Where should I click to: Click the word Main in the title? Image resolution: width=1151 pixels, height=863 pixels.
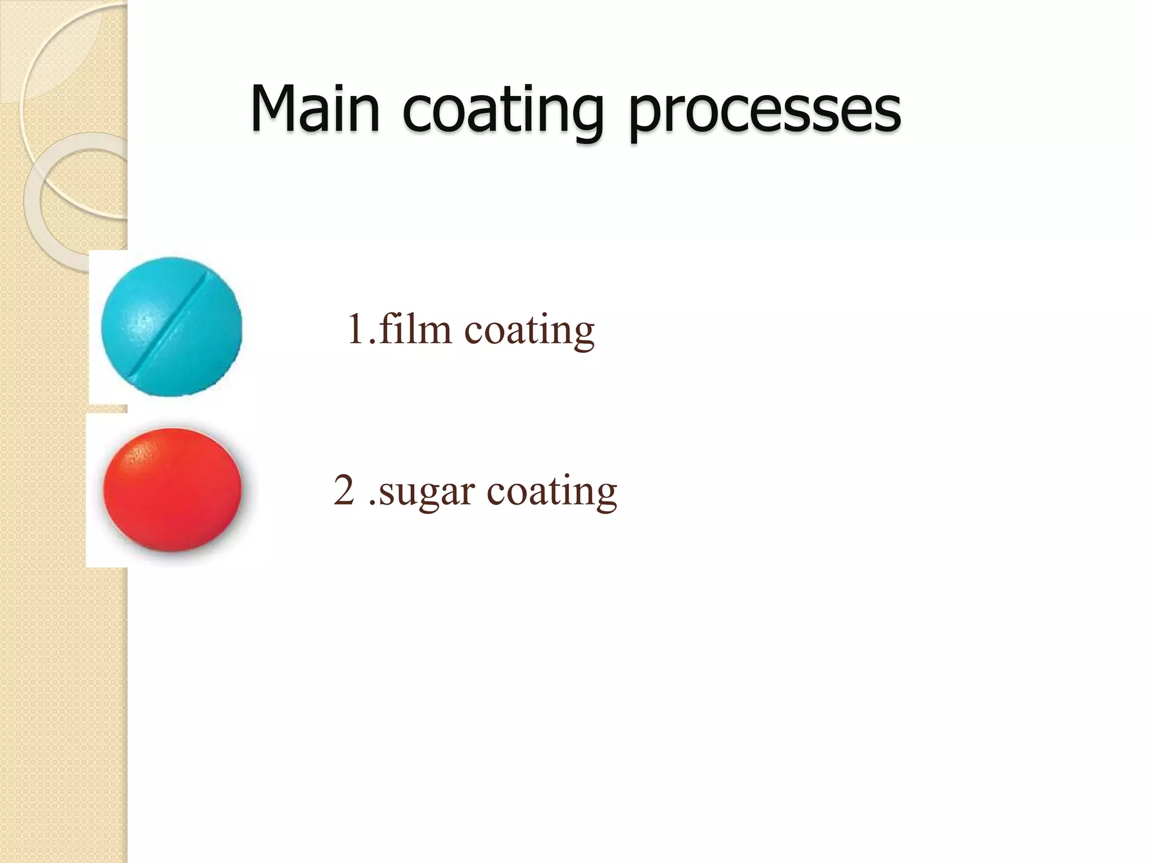315,108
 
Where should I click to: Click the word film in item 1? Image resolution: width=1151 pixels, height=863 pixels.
415,329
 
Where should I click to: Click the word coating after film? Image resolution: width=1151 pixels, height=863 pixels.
529,331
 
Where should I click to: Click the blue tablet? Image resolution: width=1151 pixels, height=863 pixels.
171,327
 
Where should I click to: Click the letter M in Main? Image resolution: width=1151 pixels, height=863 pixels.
272,108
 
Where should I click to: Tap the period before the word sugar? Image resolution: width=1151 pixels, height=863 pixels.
373,502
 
